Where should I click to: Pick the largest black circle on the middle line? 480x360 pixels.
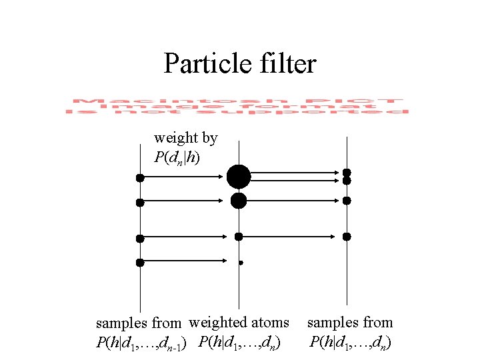click(239, 177)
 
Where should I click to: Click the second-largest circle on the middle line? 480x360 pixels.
click(239, 200)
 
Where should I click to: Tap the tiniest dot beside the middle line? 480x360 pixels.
click(241, 263)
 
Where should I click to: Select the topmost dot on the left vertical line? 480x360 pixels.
click(140, 177)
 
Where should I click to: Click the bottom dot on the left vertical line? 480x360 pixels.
click(140, 263)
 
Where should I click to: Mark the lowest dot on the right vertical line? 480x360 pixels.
click(347, 236)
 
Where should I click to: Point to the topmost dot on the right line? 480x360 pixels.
click(347, 173)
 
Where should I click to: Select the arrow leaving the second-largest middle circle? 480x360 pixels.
click(293, 200)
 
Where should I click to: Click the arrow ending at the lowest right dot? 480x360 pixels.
click(293, 236)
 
